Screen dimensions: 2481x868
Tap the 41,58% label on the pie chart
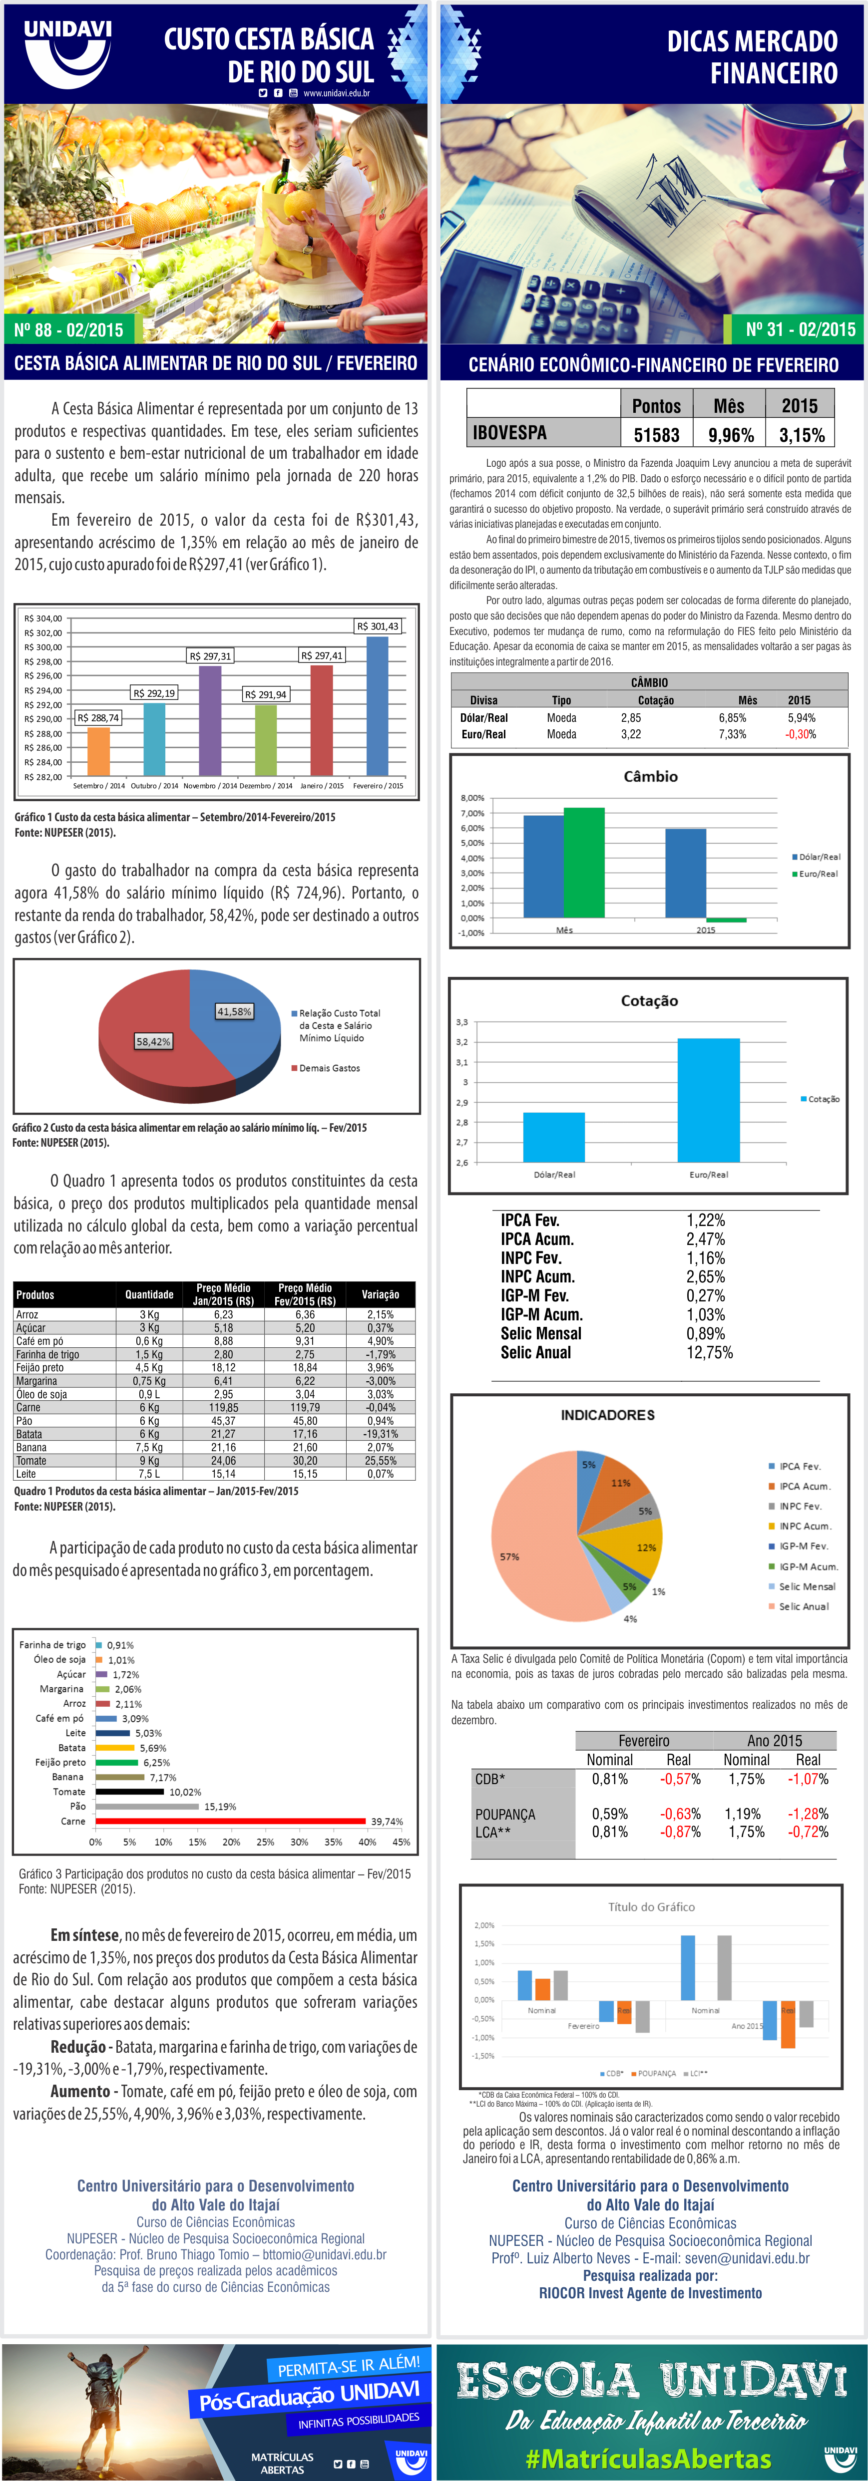coord(234,1011)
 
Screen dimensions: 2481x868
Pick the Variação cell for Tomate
coord(381,1460)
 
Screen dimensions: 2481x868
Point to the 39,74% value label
coord(387,1821)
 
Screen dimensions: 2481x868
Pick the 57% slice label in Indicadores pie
coord(509,1556)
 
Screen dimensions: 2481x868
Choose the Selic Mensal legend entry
coord(807,1586)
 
